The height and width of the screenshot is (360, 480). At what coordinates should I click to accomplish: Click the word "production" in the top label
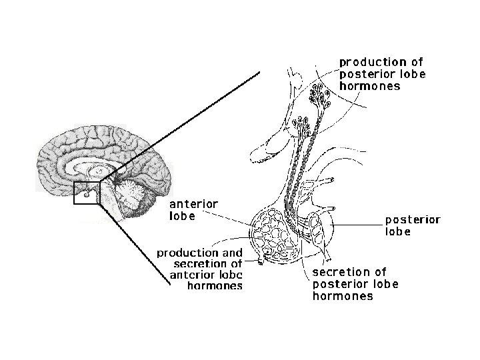[x=372, y=62]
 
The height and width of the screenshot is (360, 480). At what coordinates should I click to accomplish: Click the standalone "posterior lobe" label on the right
[x=413, y=225]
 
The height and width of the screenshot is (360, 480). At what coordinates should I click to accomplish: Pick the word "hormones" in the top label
[x=370, y=86]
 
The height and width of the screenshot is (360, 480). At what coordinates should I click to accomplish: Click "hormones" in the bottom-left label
[x=215, y=286]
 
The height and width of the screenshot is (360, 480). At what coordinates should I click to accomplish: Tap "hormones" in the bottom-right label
[x=343, y=296]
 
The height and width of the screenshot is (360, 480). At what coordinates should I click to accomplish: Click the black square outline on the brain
[x=87, y=193]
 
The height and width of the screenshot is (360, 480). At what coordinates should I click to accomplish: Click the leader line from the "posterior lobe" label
[x=357, y=225]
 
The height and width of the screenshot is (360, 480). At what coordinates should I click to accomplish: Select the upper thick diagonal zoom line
[x=180, y=126]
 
